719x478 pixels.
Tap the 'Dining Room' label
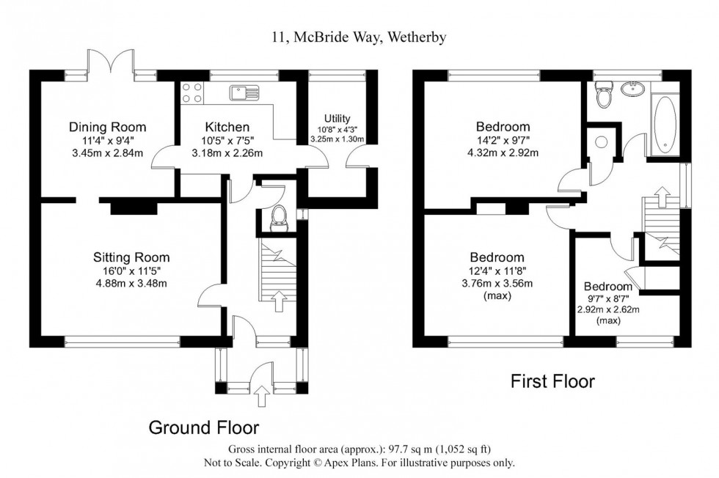tap(108, 126)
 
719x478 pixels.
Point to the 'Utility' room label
tap(337, 119)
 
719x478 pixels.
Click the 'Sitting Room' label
tap(131, 257)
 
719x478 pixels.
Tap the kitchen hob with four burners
tap(193, 93)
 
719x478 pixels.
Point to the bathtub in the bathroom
tap(665, 126)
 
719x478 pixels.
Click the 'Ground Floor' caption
tap(204, 427)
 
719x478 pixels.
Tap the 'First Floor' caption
tap(552, 381)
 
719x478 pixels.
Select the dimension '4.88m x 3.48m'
tap(131, 284)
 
